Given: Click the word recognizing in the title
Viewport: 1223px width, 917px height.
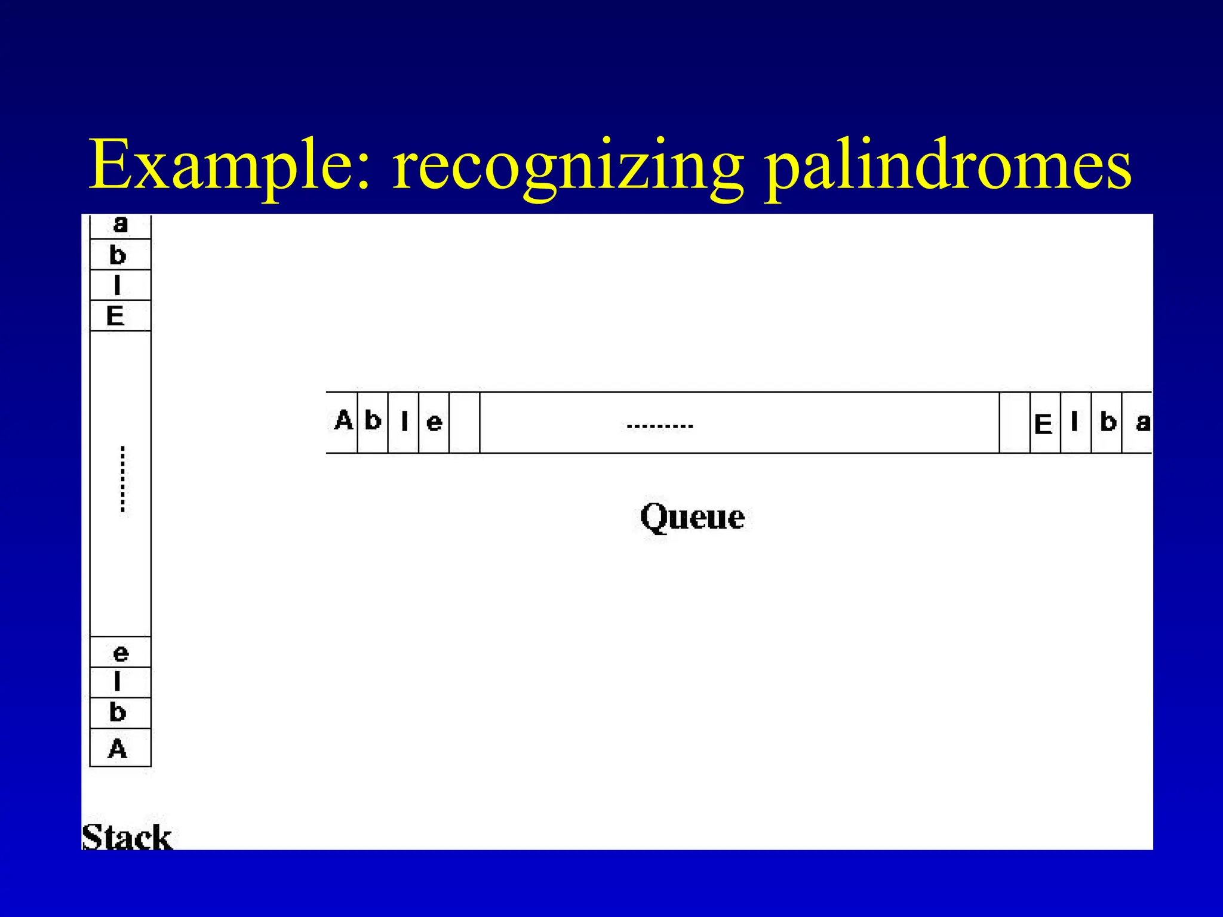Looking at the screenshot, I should (x=568, y=167).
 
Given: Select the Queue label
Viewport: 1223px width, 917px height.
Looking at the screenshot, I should (x=692, y=517).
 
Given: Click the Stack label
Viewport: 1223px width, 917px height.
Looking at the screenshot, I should (x=127, y=836).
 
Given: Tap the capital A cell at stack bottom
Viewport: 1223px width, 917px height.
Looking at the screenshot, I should (x=119, y=748).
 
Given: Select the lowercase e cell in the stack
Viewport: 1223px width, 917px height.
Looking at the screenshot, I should (x=120, y=653).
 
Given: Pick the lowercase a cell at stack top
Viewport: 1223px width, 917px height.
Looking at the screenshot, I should (x=120, y=226).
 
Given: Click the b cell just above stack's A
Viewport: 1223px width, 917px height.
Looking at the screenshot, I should (x=119, y=712).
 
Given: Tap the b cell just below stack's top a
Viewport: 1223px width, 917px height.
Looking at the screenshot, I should (x=119, y=256).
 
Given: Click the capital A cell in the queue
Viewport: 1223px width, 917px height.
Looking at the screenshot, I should (x=343, y=421).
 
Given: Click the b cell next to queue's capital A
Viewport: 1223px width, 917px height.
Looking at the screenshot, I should (x=373, y=421).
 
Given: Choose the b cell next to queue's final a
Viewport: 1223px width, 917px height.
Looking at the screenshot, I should (x=1107, y=423).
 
